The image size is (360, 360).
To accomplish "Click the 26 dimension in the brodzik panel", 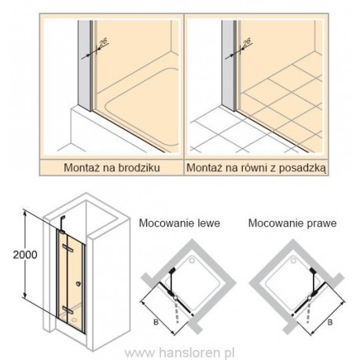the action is [x=104, y=42].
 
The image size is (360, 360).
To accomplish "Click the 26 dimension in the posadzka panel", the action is [x=247, y=42].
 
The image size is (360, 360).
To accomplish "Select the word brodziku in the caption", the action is [x=139, y=167].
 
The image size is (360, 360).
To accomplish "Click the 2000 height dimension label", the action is [x=25, y=255].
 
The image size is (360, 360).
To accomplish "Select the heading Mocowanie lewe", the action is [x=179, y=223].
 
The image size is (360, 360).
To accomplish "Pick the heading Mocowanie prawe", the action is [x=292, y=223].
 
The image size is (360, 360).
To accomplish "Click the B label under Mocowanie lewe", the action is [x=156, y=321].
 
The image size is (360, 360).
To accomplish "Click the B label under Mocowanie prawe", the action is [x=330, y=321].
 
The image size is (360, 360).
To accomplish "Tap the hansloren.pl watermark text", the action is [x=179, y=353].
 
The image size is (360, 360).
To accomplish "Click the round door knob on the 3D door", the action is [x=78, y=283].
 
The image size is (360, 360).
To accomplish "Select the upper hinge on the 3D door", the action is [x=68, y=247].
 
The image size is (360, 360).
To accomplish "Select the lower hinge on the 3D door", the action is [x=68, y=310].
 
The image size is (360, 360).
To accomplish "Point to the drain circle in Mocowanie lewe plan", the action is [x=193, y=260].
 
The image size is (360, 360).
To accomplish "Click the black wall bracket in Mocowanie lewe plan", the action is [x=172, y=270].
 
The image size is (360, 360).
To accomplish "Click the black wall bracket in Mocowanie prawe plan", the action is [x=312, y=270].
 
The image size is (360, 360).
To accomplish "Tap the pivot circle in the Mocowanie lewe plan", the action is [x=175, y=297].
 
